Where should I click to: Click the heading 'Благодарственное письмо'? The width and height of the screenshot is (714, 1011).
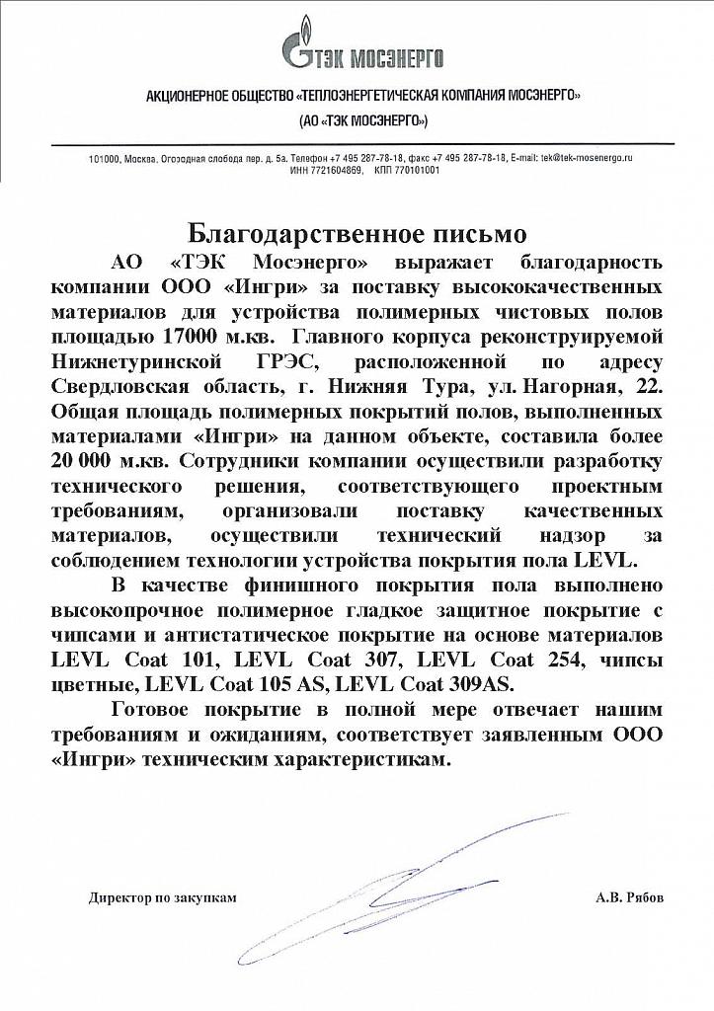pyautogui.click(x=357, y=234)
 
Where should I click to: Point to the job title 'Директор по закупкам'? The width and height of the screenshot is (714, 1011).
pyautogui.click(x=163, y=897)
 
